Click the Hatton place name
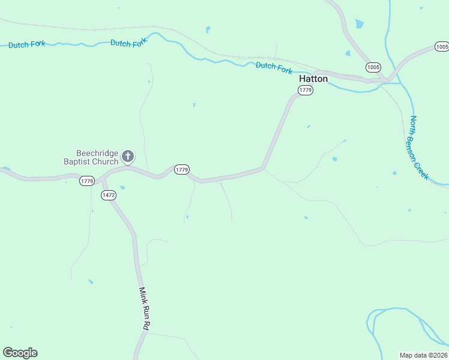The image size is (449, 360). [x=313, y=79]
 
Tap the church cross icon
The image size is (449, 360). [x=127, y=157]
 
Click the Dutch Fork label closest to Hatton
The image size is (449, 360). [x=274, y=67]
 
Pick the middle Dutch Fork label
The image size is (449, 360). [x=128, y=43]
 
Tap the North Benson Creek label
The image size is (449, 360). [x=420, y=148]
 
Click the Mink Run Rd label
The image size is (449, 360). [x=143, y=308]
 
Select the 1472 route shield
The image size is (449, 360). [x=109, y=195]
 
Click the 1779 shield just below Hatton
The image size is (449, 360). [x=306, y=90]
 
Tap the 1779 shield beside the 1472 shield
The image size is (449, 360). [x=87, y=181]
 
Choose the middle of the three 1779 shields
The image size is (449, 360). [x=182, y=170]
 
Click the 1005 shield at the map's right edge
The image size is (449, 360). [x=442, y=47]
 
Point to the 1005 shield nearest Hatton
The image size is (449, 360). [x=372, y=67]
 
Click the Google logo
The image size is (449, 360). [x=20, y=353]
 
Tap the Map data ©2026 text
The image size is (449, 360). [x=423, y=355]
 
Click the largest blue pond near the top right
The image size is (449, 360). [x=359, y=24]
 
